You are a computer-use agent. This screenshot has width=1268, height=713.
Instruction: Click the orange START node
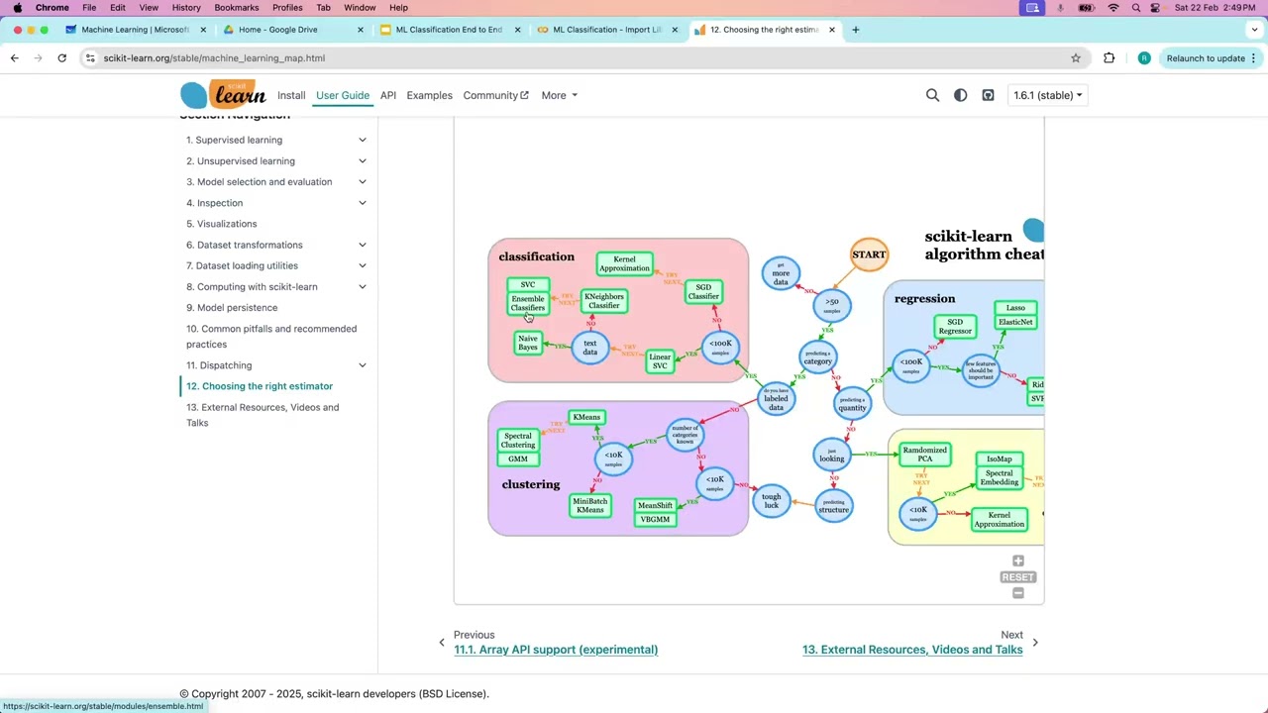point(869,255)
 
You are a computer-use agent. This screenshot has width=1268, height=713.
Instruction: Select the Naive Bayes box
point(528,343)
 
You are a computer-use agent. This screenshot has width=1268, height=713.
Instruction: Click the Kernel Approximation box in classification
point(624,263)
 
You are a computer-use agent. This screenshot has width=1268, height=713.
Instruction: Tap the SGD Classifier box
point(703,291)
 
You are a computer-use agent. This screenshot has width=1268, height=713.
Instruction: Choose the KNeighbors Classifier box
point(603,300)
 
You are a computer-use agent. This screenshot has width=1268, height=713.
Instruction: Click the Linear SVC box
point(660,361)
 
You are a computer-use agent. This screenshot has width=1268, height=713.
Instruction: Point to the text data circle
point(590,348)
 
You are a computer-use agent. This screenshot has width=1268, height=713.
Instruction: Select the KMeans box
point(586,417)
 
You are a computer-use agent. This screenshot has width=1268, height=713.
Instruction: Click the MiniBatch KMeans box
point(589,505)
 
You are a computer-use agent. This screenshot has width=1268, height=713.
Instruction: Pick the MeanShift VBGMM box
point(655,512)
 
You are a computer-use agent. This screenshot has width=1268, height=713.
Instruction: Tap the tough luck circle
point(772,501)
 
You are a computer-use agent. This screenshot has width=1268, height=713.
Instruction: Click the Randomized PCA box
point(924,455)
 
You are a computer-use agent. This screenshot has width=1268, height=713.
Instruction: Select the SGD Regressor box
point(955,327)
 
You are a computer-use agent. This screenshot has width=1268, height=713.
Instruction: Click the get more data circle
point(781,274)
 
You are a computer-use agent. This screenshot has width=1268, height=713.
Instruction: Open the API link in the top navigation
point(388,95)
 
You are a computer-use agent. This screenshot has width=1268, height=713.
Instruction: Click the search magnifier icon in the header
point(932,95)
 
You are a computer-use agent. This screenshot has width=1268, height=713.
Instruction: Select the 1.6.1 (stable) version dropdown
point(1047,95)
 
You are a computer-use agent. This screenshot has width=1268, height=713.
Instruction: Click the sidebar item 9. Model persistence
point(238,308)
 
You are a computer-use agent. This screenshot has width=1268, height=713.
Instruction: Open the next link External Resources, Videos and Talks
point(911,650)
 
